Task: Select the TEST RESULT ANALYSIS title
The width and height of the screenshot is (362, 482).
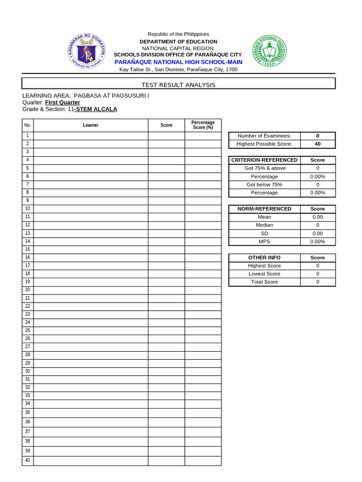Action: click(x=179, y=85)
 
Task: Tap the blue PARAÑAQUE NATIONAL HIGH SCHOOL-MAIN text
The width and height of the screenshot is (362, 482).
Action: click(x=179, y=62)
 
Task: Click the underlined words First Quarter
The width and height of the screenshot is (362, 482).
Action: click(x=62, y=102)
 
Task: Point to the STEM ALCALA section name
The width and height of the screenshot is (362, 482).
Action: click(x=97, y=109)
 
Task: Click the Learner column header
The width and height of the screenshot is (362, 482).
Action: click(x=90, y=125)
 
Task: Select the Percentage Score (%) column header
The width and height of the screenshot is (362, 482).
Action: click(x=203, y=125)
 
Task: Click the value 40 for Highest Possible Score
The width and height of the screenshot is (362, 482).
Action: click(x=318, y=144)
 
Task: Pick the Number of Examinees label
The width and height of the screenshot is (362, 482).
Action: click(x=264, y=136)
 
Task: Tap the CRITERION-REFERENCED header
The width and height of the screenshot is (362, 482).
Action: click(x=264, y=160)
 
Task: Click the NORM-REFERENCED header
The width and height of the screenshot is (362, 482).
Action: click(x=264, y=209)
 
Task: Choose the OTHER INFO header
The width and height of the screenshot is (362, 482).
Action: click(x=264, y=257)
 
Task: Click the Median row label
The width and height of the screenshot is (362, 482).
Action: click(x=264, y=225)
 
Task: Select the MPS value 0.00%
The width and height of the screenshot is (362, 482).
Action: click(x=318, y=241)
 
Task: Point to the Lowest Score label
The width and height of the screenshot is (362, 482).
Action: click(x=264, y=274)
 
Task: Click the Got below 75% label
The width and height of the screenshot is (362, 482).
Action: click(x=264, y=185)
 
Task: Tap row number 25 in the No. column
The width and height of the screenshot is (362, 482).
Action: click(x=27, y=330)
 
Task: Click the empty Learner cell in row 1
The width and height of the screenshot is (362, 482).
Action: click(x=90, y=136)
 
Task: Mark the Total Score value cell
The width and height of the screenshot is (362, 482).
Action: click(x=318, y=282)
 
